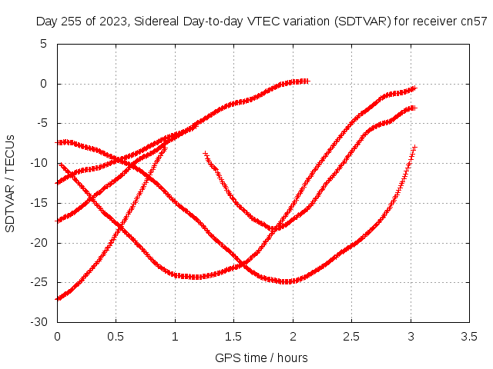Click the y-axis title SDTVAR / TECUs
click(10, 184)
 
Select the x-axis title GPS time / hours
click(261, 357)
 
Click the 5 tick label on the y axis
click(43, 44)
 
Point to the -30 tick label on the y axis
click(39, 322)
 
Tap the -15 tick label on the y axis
click(39, 203)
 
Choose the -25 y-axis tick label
click(39, 282)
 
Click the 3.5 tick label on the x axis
click(469, 337)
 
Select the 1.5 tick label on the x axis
click(233, 337)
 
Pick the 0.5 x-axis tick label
click(116, 337)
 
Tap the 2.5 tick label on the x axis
click(351, 337)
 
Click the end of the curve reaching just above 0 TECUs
click(307, 81)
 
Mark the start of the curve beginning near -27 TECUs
click(58, 299)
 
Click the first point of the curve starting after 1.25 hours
click(206, 154)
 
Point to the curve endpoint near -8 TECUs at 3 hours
click(414, 147)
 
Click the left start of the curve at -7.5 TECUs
click(58, 143)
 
